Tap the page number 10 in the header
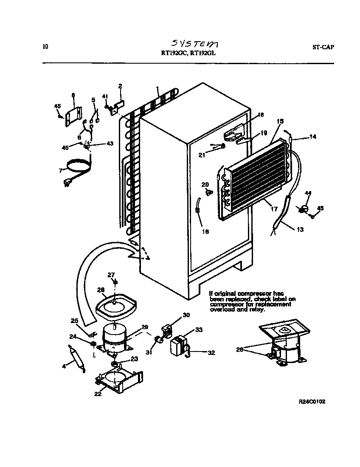(45, 47)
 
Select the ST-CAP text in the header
(320, 47)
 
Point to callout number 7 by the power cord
(61, 171)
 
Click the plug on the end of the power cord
(67, 183)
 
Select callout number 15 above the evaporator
(280, 121)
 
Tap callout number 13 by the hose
(300, 230)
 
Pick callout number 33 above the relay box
(186, 330)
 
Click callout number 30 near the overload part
(186, 315)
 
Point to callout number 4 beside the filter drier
(64, 366)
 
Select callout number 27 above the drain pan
(111, 275)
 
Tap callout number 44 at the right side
(308, 194)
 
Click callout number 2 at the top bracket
(120, 86)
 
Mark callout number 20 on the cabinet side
(205, 185)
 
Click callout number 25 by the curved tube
(74, 321)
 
